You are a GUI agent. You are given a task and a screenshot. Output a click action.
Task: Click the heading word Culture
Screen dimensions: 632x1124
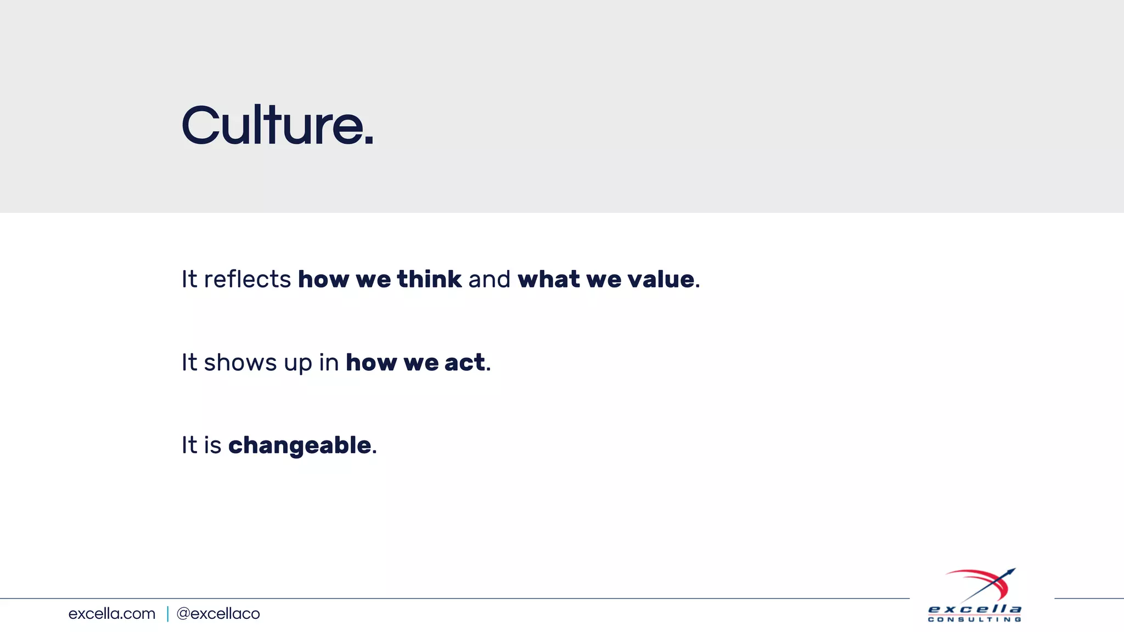[x=272, y=126]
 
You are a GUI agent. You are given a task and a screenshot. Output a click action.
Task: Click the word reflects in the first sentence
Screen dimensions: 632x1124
[x=247, y=279]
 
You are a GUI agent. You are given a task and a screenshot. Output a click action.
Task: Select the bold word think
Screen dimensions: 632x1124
[x=429, y=279]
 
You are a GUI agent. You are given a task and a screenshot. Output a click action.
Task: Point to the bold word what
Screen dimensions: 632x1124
[x=548, y=279]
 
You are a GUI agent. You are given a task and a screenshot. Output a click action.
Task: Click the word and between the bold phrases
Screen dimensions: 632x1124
[x=489, y=279]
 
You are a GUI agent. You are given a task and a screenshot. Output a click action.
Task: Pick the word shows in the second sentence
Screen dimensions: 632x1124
[x=240, y=363]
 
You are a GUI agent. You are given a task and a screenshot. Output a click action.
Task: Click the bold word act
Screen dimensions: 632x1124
[x=464, y=363]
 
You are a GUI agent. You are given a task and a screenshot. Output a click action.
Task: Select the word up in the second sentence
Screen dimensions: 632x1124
[x=297, y=364]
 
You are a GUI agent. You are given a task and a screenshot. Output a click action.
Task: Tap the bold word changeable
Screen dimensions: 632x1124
[x=300, y=445]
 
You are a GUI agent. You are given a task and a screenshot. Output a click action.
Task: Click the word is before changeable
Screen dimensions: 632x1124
[x=212, y=445]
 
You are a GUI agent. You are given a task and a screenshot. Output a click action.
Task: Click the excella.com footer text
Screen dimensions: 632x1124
[x=112, y=613]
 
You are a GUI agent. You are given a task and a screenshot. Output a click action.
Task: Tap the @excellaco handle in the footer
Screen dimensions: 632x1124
[x=218, y=613]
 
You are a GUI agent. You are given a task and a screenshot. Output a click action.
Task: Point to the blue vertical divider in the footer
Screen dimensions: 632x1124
[x=167, y=613]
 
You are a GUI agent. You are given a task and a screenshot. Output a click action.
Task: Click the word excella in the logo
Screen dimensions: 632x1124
[x=974, y=609]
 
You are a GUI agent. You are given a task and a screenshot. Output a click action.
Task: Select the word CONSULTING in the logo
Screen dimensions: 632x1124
[x=974, y=619]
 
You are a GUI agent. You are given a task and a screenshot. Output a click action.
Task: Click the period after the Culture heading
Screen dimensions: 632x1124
[x=369, y=142]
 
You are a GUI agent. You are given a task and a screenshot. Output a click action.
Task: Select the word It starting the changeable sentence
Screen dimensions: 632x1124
[x=189, y=445]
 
